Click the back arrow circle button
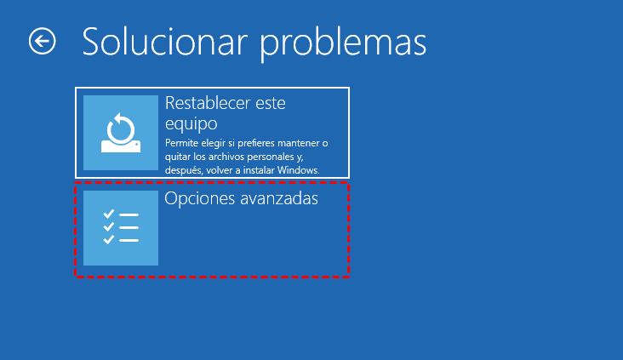(x=43, y=41)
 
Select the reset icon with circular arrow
(x=121, y=133)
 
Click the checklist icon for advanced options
(x=121, y=228)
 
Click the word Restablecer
(x=206, y=104)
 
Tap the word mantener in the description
(x=300, y=143)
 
